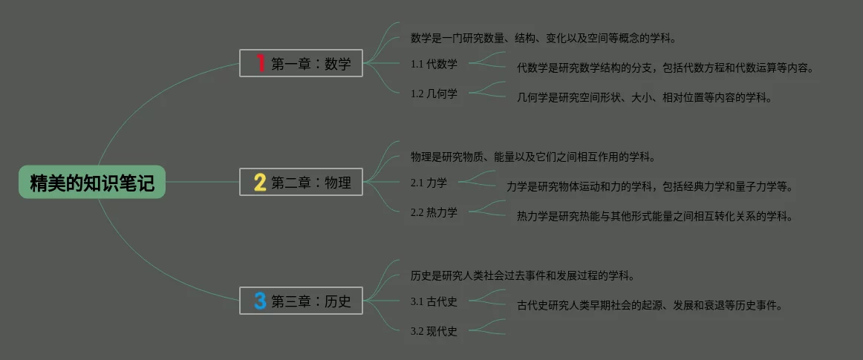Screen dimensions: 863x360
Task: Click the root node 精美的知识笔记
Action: click(92, 183)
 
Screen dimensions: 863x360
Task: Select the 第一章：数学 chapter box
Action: click(301, 64)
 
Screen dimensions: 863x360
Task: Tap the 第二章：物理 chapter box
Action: click(301, 182)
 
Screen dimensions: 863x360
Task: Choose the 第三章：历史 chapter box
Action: click(301, 301)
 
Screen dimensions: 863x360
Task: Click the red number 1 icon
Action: click(260, 64)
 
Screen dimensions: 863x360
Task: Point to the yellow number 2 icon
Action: click(260, 182)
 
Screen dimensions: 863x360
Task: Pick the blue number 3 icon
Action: click(260, 301)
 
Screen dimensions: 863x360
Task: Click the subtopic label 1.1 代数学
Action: click(434, 64)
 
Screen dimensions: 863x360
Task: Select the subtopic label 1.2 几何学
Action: click(434, 94)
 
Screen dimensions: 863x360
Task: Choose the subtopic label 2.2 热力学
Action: click(434, 212)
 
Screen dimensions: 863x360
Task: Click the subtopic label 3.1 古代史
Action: click(434, 301)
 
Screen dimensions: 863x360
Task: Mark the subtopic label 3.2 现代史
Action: click(434, 331)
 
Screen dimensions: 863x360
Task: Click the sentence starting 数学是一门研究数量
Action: click(543, 38)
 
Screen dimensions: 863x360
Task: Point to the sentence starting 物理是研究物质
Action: click(533, 157)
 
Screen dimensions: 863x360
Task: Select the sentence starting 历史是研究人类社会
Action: click(522, 275)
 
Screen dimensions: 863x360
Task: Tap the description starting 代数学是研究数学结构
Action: click(665, 68)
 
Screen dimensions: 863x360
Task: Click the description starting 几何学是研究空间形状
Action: click(645, 97)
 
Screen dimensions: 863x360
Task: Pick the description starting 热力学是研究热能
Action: click(655, 217)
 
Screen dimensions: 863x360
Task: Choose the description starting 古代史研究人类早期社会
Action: click(650, 305)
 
